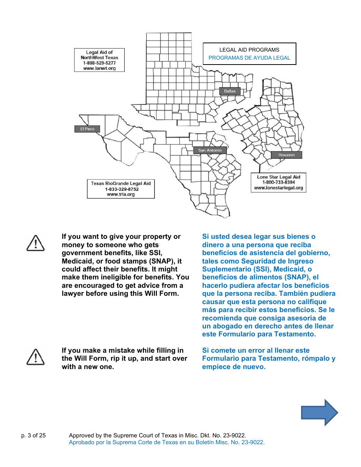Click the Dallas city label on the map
(x=230, y=91)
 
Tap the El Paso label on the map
(x=87, y=129)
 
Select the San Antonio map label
(x=210, y=150)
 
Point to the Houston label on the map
(x=287, y=155)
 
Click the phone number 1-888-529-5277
(x=99, y=63)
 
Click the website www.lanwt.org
(x=99, y=69)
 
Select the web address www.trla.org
(x=121, y=194)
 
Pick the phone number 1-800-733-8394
(x=279, y=183)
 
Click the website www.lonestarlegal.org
(x=279, y=188)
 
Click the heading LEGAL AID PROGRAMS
(x=249, y=50)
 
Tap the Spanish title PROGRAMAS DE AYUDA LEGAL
(x=249, y=58)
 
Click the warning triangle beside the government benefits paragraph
(x=36, y=243)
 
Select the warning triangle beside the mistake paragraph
(x=36, y=357)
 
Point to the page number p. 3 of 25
(x=33, y=435)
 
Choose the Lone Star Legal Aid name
(x=279, y=177)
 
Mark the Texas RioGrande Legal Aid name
(x=121, y=183)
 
